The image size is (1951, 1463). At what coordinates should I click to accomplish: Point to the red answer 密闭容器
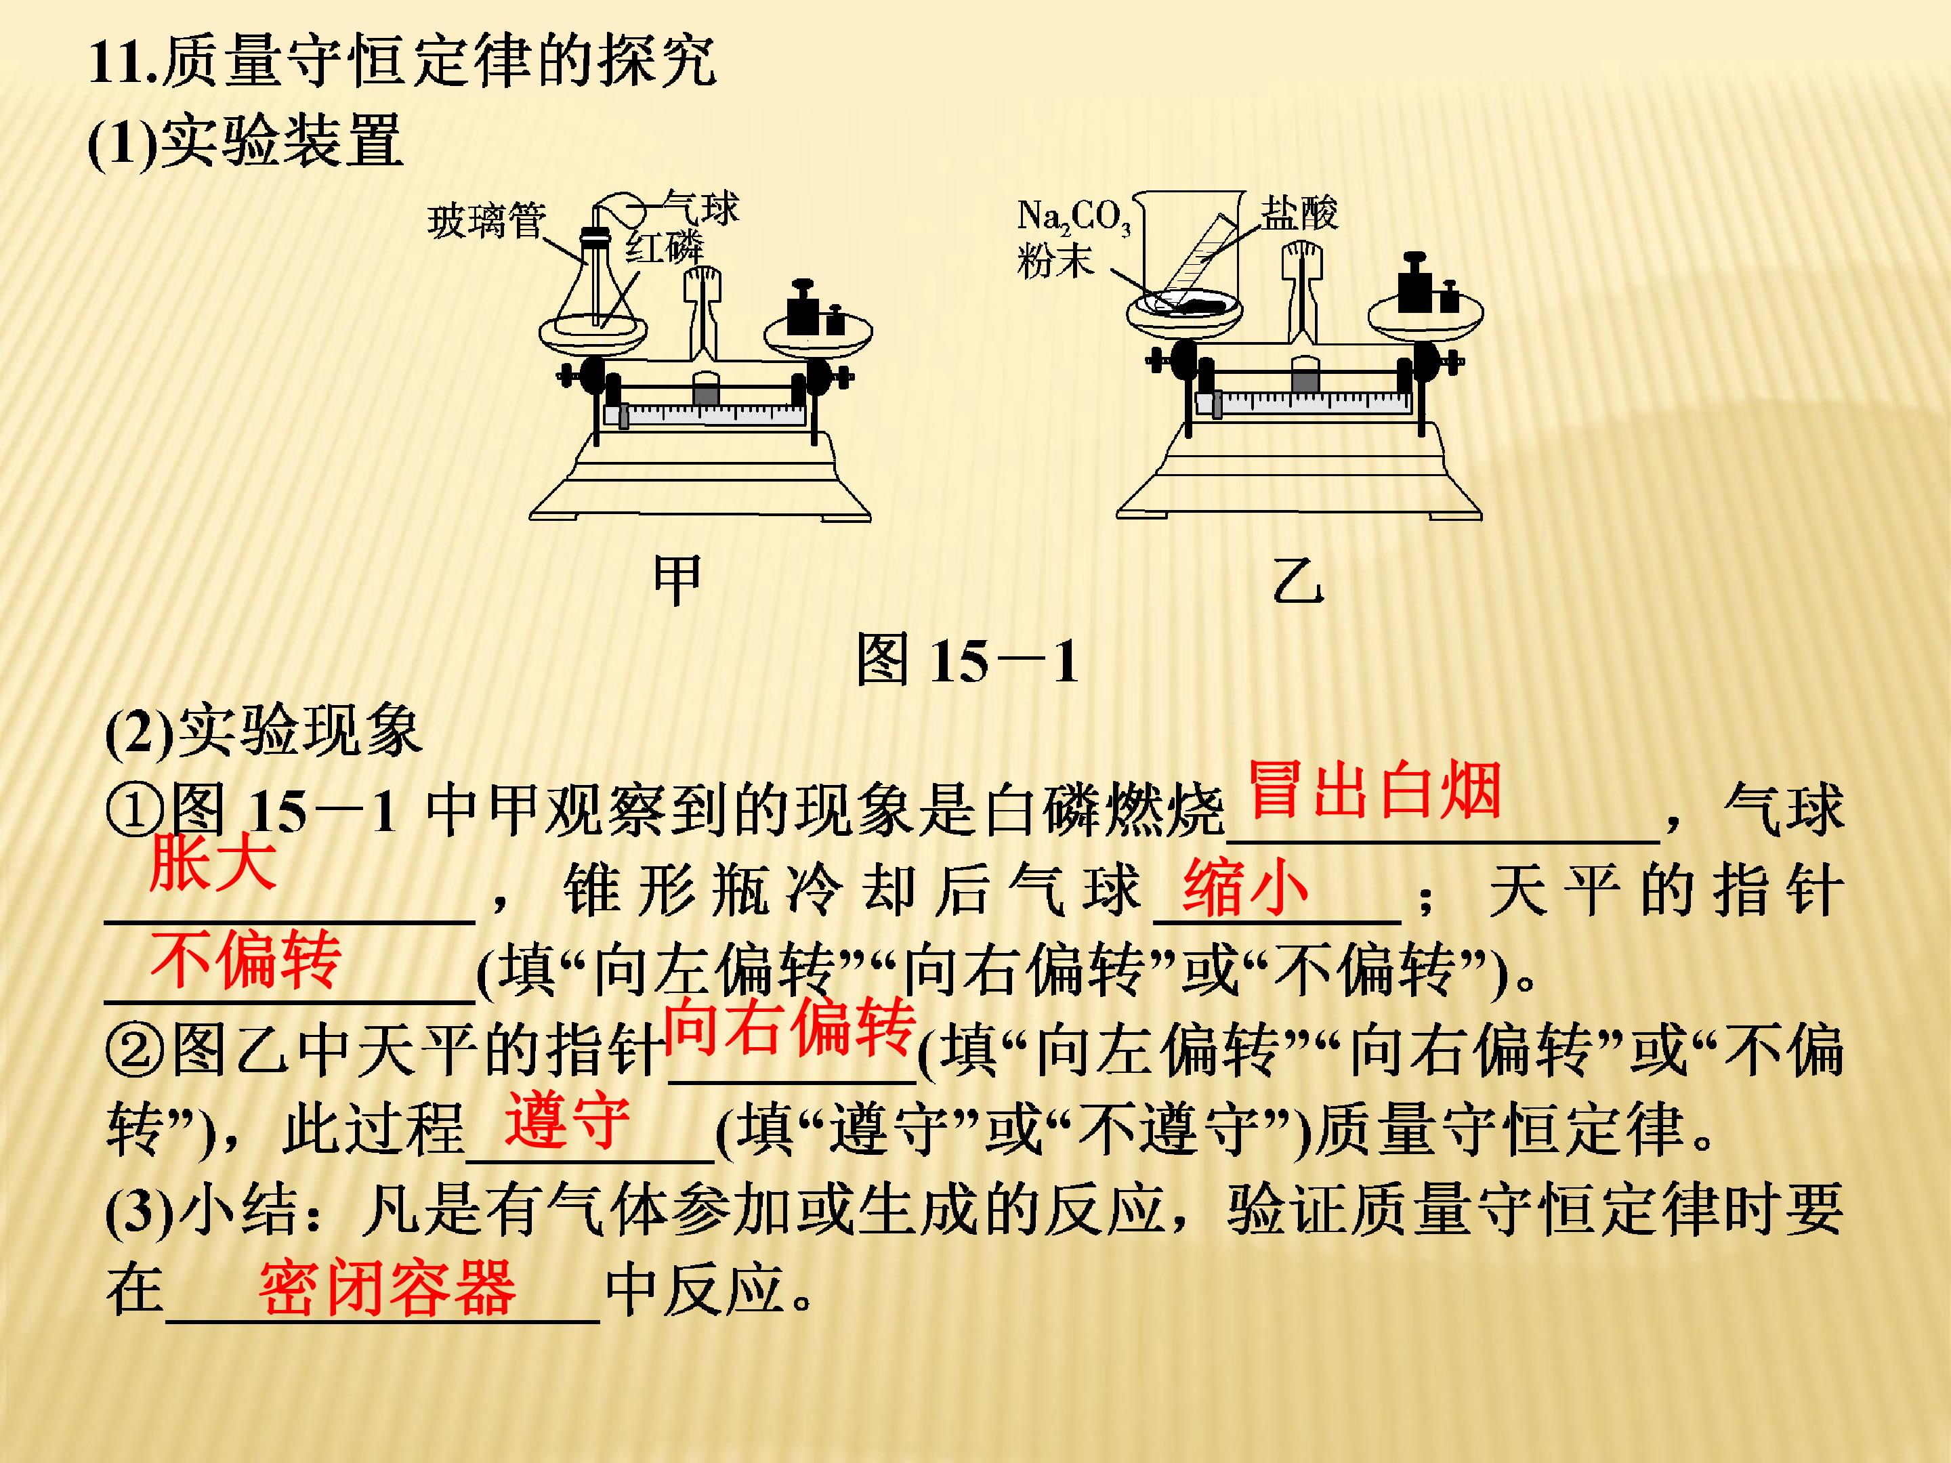387,1288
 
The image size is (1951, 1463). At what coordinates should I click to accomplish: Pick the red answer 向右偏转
789,1027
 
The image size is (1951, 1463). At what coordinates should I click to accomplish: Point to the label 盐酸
1299,213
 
